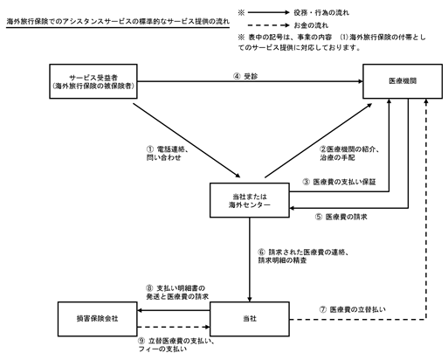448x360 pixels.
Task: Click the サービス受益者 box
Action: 93,81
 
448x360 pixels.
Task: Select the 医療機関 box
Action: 403,81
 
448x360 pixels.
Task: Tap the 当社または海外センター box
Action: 250,200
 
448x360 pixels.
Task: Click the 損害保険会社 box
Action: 97,319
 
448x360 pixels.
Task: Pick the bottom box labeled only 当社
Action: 250,319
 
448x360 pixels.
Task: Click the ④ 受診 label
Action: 245,76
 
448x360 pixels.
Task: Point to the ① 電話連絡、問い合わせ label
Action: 168,153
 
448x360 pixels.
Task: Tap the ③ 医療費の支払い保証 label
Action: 339,182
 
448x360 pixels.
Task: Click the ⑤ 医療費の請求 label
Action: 341,217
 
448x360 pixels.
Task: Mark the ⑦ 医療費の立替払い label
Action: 352,309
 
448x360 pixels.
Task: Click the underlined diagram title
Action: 118,22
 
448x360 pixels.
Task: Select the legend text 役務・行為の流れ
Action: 321,12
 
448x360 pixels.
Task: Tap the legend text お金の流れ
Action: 311,25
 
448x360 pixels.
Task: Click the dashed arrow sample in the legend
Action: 268,25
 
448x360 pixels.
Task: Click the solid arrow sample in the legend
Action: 268,12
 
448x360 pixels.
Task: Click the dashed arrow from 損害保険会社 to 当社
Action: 174,327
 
